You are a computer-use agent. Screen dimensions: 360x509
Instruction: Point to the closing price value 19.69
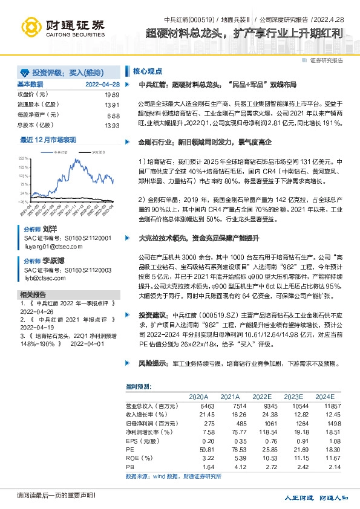(x=112, y=95)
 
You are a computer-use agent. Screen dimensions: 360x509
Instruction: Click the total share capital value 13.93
(x=112, y=126)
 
